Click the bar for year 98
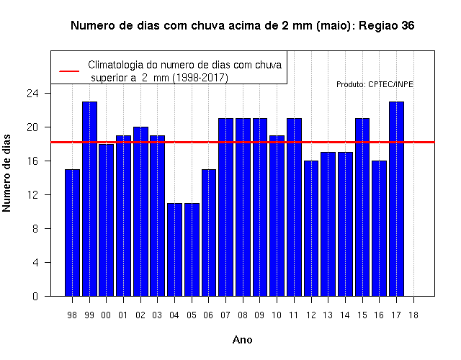[x=72, y=233]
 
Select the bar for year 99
[x=89, y=199]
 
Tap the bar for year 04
[x=174, y=250]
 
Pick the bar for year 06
[x=209, y=233]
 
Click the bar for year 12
[x=311, y=228]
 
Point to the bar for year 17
[x=396, y=199]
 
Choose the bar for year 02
[x=141, y=212]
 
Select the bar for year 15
[x=362, y=207]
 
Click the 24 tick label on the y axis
[x=32, y=94]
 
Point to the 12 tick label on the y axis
[x=32, y=195]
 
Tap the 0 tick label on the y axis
[x=35, y=296]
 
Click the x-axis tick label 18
[x=413, y=315]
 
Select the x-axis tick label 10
[x=277, y=315]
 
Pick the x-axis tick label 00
[x=106, y=315]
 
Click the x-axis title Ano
[x=243, y=340]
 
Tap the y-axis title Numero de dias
[x=6, y=173]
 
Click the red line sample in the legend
[x=69, y=71]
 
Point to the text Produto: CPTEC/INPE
[x=375, y=85]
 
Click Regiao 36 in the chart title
[x=387, y=26]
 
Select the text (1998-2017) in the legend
[x=200, y=78]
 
